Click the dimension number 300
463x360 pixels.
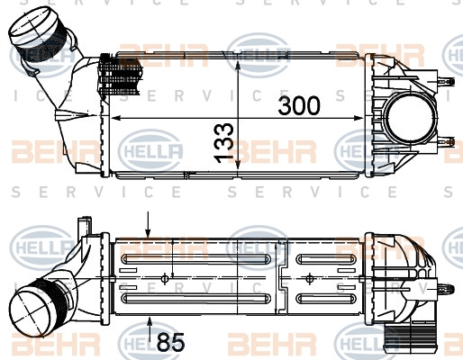(x=299, y=105)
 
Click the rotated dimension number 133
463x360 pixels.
(x=223, y=143)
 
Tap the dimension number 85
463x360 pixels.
(x=170, y=342)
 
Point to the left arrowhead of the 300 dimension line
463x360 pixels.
(x=115, y=118)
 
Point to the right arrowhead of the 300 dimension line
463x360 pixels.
(x=359, y=118)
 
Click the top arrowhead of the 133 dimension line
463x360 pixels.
(x=238, y=66)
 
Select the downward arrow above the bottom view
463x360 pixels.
(x=148, y=225)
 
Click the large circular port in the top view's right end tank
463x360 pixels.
(x=410, y=119)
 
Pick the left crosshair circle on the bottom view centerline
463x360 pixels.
(x=165, y=279)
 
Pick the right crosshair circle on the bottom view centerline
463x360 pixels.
(x=310, y=279)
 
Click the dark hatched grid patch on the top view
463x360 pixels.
(x=120, y=75)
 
